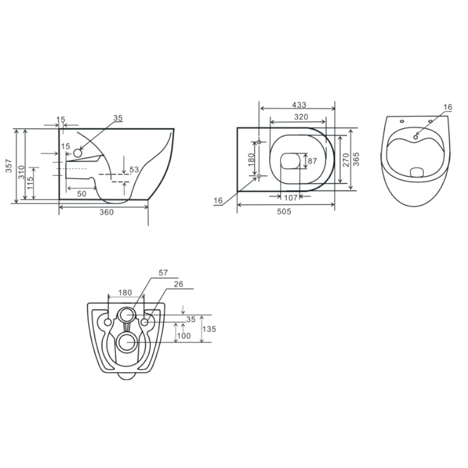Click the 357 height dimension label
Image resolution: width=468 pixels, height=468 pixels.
click(9, 166)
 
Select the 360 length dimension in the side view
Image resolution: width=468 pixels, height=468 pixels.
click(107, 212)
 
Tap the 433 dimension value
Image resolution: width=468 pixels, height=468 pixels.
click(299, 105)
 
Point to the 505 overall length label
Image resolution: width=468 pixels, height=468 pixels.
click(284, 212)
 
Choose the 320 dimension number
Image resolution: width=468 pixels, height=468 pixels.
click(301, 117)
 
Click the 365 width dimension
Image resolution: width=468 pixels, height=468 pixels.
click(356, 159)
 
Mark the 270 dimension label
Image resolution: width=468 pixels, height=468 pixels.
click(346, 160)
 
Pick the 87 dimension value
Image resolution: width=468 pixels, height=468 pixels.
click(312, 161)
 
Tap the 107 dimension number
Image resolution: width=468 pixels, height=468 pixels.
click(291, 198)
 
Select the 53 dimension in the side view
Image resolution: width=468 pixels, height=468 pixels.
click(134, 169)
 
